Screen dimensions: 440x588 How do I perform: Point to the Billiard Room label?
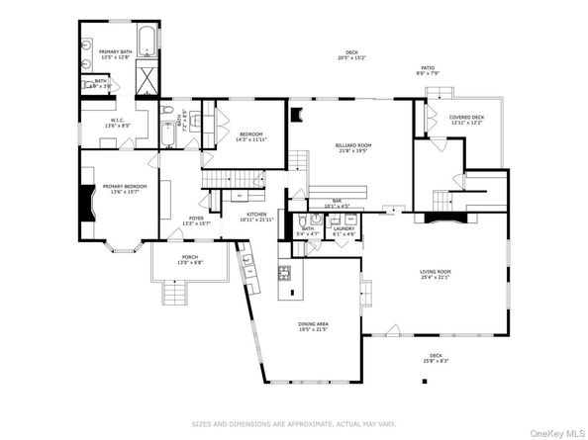point(351,147)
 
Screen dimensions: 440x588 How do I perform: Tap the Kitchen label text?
point(256,216)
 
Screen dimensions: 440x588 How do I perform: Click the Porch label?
point(189,260)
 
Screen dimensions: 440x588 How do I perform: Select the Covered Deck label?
point(466,120)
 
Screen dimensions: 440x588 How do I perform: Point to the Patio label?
point(428,69)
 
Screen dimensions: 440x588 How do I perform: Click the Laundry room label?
point(343,230)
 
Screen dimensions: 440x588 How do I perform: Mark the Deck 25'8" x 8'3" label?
point(435,357)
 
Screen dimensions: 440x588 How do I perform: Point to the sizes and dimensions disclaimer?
point(294,421)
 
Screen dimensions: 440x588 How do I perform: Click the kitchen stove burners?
point(285,272)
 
